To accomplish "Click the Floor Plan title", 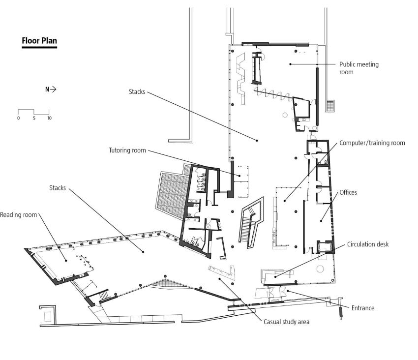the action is coord(39,41).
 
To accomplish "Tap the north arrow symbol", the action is coord(51,90).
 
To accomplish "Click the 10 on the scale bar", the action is coord(49,118).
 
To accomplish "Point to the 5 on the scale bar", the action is coord(34,118).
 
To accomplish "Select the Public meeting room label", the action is coord(359,68).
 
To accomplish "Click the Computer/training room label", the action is coord(372,143).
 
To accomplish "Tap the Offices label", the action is coord(348,192).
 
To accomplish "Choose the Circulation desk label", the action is coord(368,244).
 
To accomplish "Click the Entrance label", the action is coord(363,308).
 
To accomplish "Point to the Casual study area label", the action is coord(287,322).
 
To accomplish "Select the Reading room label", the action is coord(18,215).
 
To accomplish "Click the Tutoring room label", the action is coord(127,150).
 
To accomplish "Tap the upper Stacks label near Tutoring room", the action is coord(137,92).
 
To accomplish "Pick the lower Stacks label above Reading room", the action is coord(58,188).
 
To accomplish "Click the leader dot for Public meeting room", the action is coord(290,64).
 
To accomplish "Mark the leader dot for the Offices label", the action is coord(321,221).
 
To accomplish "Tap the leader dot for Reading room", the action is coord(66,261).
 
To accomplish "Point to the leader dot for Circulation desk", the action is coord(275,277).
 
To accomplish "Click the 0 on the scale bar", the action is coord(18,118).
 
